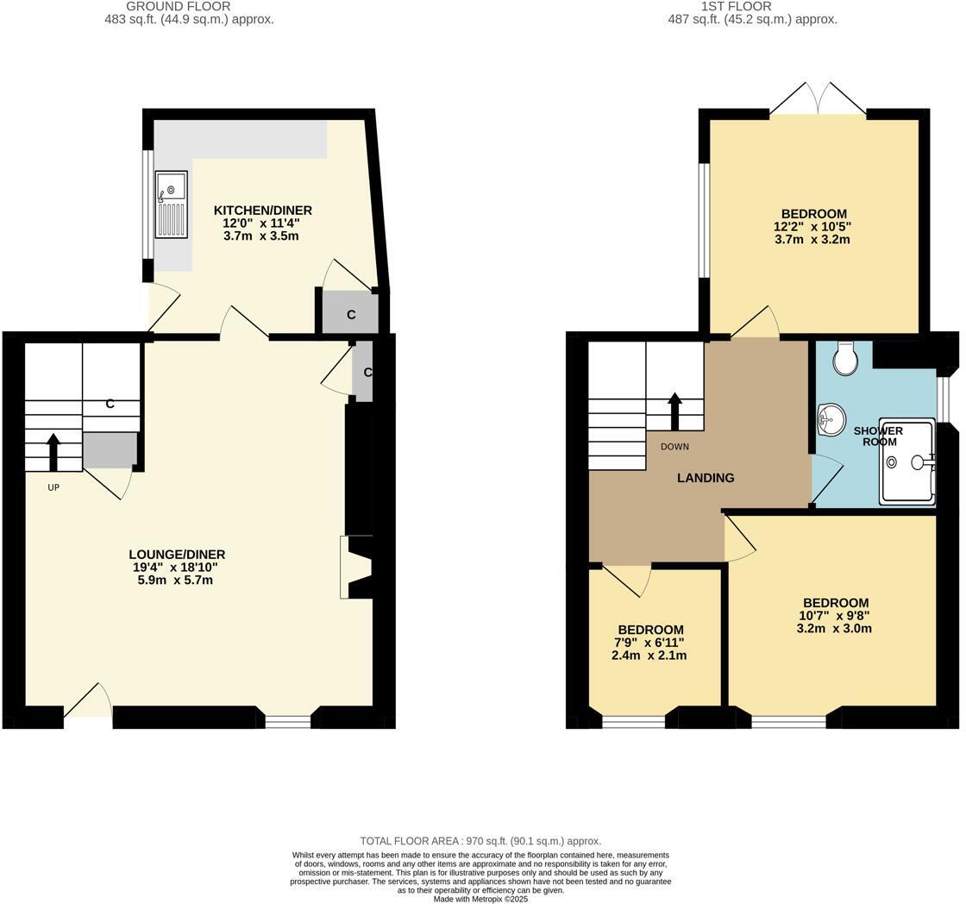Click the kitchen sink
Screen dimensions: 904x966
(171, 204)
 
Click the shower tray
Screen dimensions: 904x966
(906, 461)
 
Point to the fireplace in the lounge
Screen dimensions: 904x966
(355, 567)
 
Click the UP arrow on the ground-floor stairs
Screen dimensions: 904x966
(53, 451)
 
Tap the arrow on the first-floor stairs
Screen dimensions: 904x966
(674, 411)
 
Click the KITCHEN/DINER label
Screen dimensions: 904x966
(262, 210)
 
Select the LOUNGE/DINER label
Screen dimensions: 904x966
(177, 555)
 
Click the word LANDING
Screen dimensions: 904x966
(706, 478)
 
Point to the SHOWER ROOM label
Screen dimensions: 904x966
(878, 436)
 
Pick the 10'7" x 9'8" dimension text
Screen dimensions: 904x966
(834, 616)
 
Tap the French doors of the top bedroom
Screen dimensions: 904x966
(818, 98)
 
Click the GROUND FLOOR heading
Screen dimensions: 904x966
(179, 6)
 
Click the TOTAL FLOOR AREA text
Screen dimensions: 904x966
(480, 841)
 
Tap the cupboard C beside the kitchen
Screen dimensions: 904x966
(350, 314)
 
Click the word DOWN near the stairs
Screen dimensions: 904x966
(674, 447)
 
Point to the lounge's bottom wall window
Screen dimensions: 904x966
(287, 722)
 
